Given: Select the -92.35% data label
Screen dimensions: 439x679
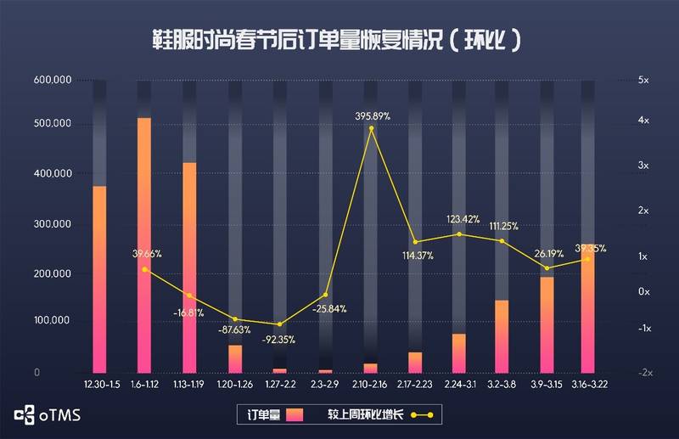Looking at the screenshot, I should pyautogui.click(x=280, y=340).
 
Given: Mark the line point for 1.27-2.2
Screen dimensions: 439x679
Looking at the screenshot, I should pyautogui.click(x=279, y=324).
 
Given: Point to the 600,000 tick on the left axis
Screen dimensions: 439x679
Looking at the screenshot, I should pyautogui.click(x=52, y=80).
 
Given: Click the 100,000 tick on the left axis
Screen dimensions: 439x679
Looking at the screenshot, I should pyautogui.click(x=52, y=321).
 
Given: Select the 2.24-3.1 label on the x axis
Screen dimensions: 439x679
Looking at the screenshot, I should pyautogui.click(x=458, y=386).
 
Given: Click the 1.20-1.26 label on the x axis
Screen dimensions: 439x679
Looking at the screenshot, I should pyautogui.click(x=234, y=386).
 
